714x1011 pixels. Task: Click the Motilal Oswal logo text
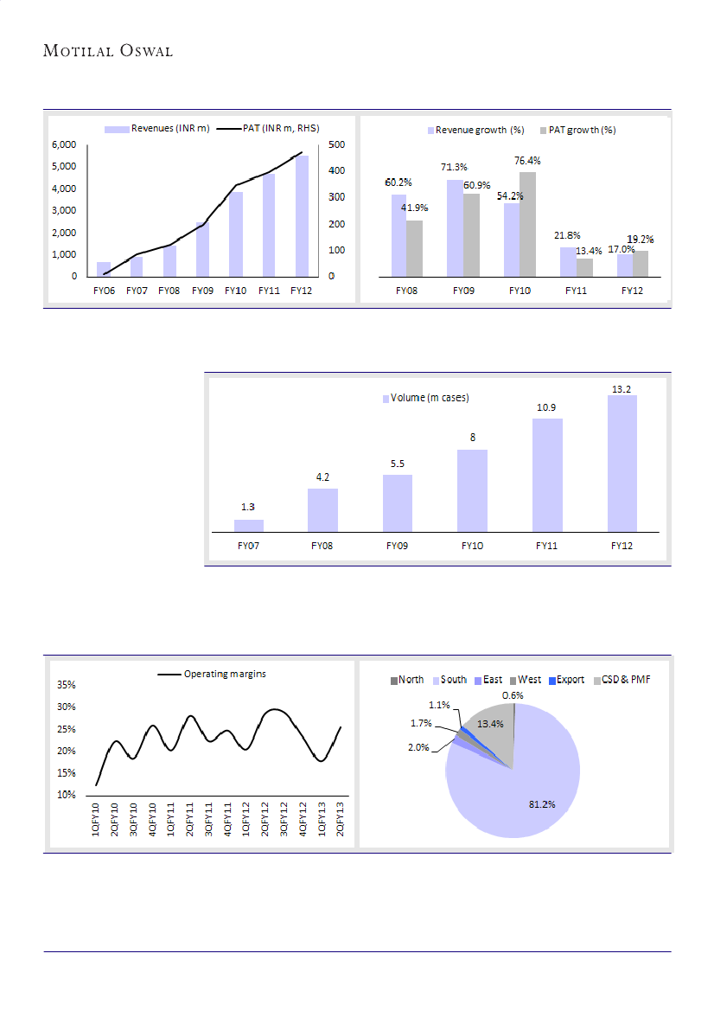pyautogui.click(x=108, y=51)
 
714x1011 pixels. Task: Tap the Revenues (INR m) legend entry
pyautogui.click(x=158, y=129)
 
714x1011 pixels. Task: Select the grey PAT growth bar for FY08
pyautogui.click(x=415, y=249)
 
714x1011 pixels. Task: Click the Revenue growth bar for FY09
pyautogui.click(x=455, y=228)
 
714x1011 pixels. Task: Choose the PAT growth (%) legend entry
pyautogui.click(x=577, y=130)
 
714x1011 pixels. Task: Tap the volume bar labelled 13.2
pyautogui.click(x=622, y=464)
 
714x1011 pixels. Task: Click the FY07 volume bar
pyautogui.click(x=249, y=525)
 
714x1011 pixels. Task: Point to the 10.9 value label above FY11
pyautogui.click(x=548, y=407)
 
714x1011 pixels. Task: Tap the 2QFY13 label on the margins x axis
pyautogui.click(x=341, y=818)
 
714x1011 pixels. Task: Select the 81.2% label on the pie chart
pyautogui.click(x=542, y=804)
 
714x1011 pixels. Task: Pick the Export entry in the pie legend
pyautogui.click(x=566, y=680)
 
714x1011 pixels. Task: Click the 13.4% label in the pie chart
pyautogui.click(x=491, y=724)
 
